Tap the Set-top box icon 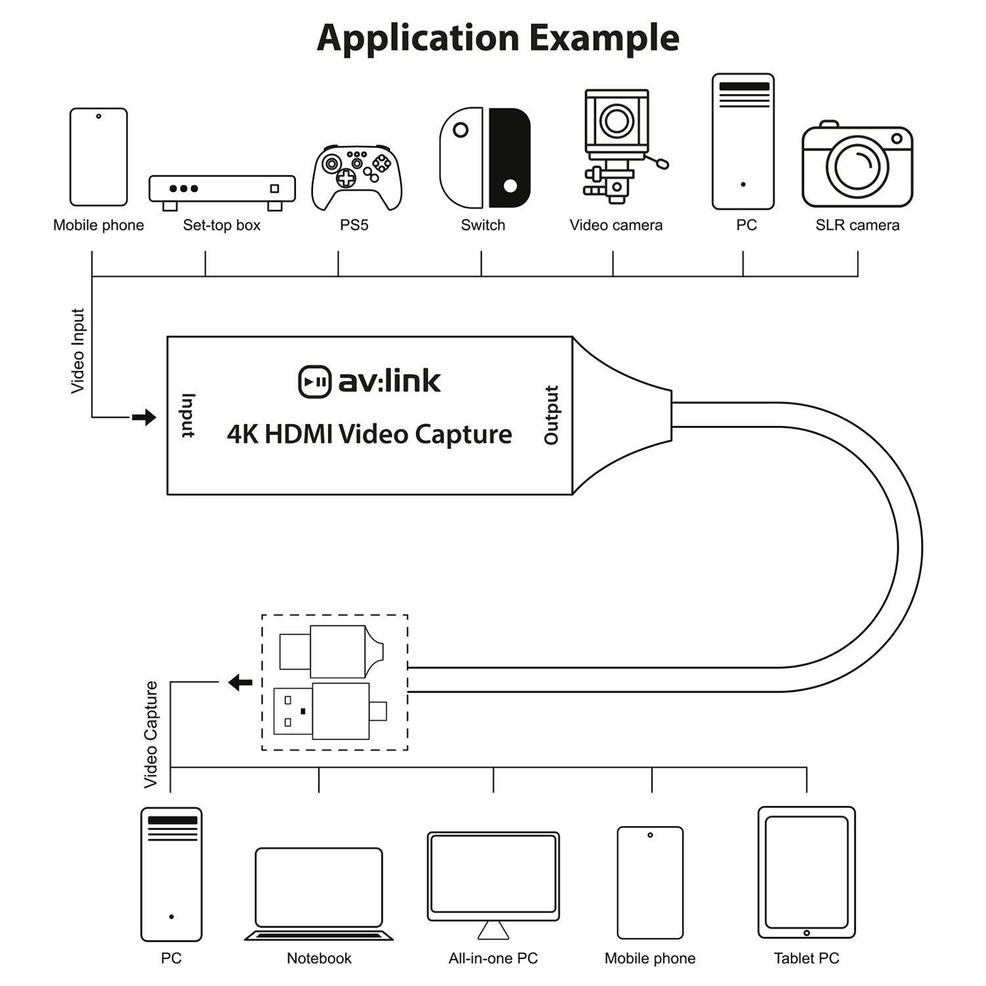coord(222,191)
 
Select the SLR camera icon coord(857,166)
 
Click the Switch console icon coord(484,158)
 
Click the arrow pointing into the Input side coord(144,417)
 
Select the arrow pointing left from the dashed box coord(241,682)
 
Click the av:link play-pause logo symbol coord(314,382)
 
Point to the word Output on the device coord(552,415)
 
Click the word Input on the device coord(188,415)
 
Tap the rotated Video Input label coord(78,351)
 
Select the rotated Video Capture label coord(151,734)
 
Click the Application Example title coord(498,37)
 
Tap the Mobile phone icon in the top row coord(99,157)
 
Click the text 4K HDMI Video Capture coord(369,434)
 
